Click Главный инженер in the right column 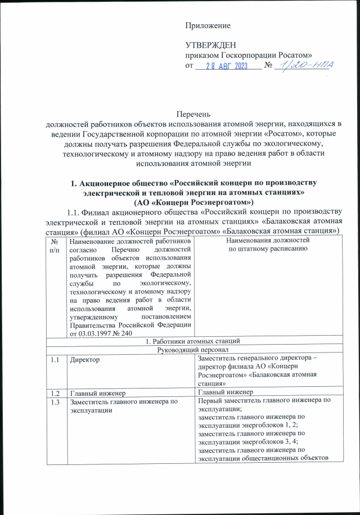224,392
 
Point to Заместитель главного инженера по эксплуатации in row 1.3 123,405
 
